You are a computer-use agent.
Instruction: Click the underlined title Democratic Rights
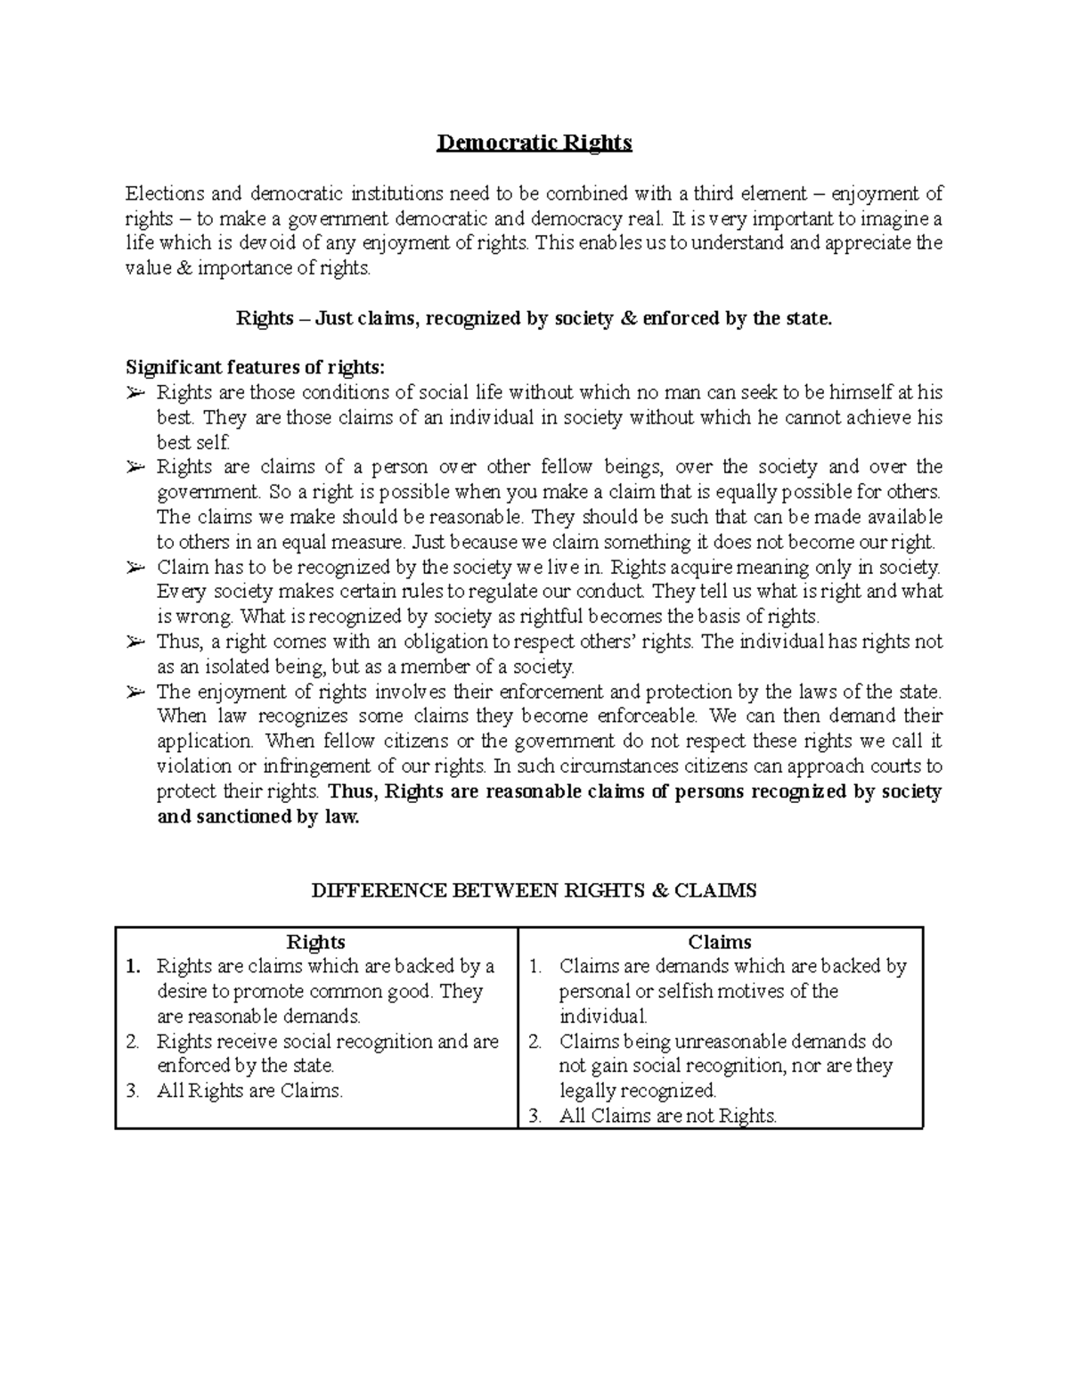coord(534,143)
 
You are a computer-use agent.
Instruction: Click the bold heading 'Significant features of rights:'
coord(257,367)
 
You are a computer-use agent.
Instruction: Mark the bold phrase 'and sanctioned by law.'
coord(257,816)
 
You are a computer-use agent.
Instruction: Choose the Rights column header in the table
coord(315,942)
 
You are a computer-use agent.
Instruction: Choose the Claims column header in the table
coord(720,942)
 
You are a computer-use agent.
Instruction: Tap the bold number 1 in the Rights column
coord(134,967)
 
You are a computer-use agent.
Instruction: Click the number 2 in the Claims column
coord(535,1042)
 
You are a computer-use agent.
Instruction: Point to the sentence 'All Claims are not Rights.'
coord(668,1116)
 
